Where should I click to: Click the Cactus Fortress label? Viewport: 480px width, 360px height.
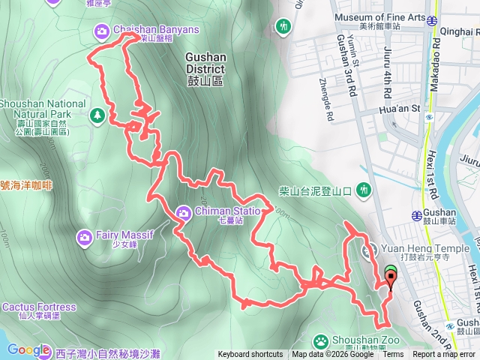pyautogui.click(x=39, y=307)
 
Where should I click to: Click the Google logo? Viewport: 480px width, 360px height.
pyautogui.click(x=28, y=349)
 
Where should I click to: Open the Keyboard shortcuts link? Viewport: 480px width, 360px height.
pyautogui.click(x=250, y=355)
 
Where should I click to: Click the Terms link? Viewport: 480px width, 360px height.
pyautogui.click(x=393, y=355)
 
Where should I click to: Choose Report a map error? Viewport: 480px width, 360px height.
pyautogui.click(x=444, y=355)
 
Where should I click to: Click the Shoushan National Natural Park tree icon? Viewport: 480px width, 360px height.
pyautogui.click(x=96, y=115)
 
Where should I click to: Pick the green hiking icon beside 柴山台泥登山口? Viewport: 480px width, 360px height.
pyautogui.click(x=364, y=190)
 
